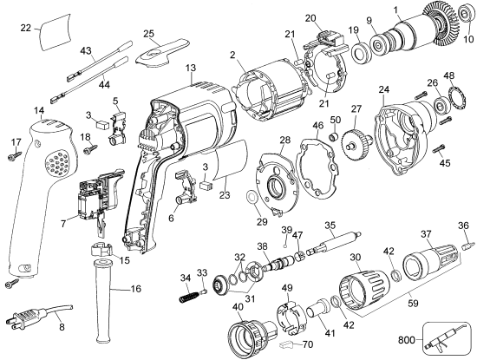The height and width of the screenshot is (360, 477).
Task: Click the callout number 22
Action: click(25, 29)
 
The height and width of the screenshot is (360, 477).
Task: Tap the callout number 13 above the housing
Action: click(190, 67)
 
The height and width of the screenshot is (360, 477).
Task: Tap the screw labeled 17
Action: click(15, 155)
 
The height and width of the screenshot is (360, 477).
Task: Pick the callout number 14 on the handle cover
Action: click(39, 110)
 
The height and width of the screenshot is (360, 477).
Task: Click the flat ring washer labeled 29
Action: click(252, 198)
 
